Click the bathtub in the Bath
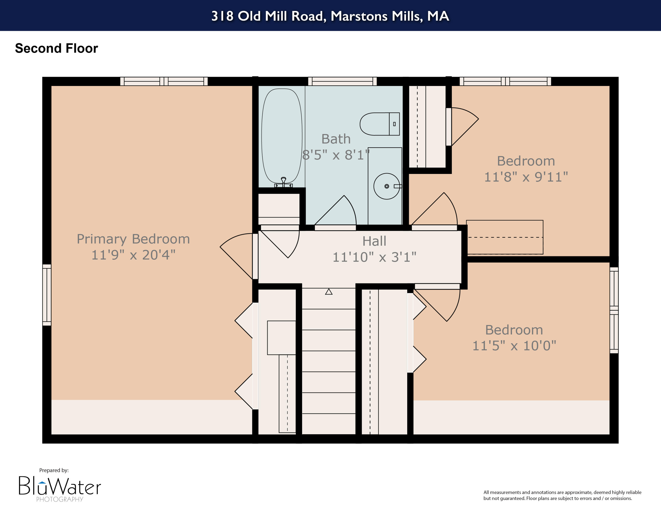pyautogui.click(x=281, y=136)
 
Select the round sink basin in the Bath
pyautogui.click(x=386, y=186)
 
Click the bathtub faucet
pyautogui.click(x=283, y=181)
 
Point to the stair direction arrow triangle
pyautogui.click(x=329, y=292)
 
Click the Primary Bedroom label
pyautogui.click(x=133, y=239)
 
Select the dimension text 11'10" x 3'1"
pyautogui.click(x=374, y=257)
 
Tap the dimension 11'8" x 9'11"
pyautogui.click(x=526, y=177)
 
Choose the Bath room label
pyautogui.click(x=336, y=139)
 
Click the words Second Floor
pyautogui.click(x=57, y=48)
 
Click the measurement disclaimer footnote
pyautogui.click(x=562, y=495)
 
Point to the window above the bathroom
pyautogui.click(x=342, y=81)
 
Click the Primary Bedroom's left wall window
pyautogui.click(x=47, y=295)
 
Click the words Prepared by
pyautogui.click(x=54, y=470)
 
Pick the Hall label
pyautogui.click(x=374, y=241)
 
